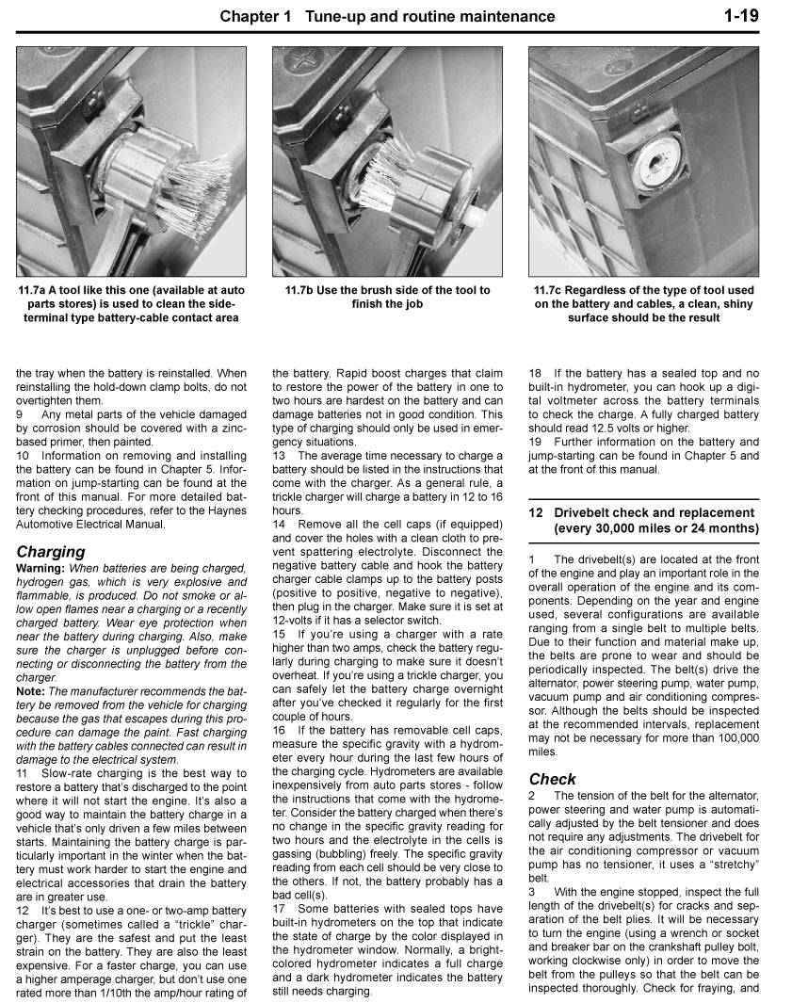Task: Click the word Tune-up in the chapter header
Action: [341, 16]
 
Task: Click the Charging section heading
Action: [51, 551]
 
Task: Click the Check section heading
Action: [553, 779]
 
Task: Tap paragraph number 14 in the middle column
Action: [280, 524]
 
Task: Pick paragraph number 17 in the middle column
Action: [280, 908]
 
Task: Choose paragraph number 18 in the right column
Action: [536, 373]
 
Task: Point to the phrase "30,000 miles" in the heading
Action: [622, 528]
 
